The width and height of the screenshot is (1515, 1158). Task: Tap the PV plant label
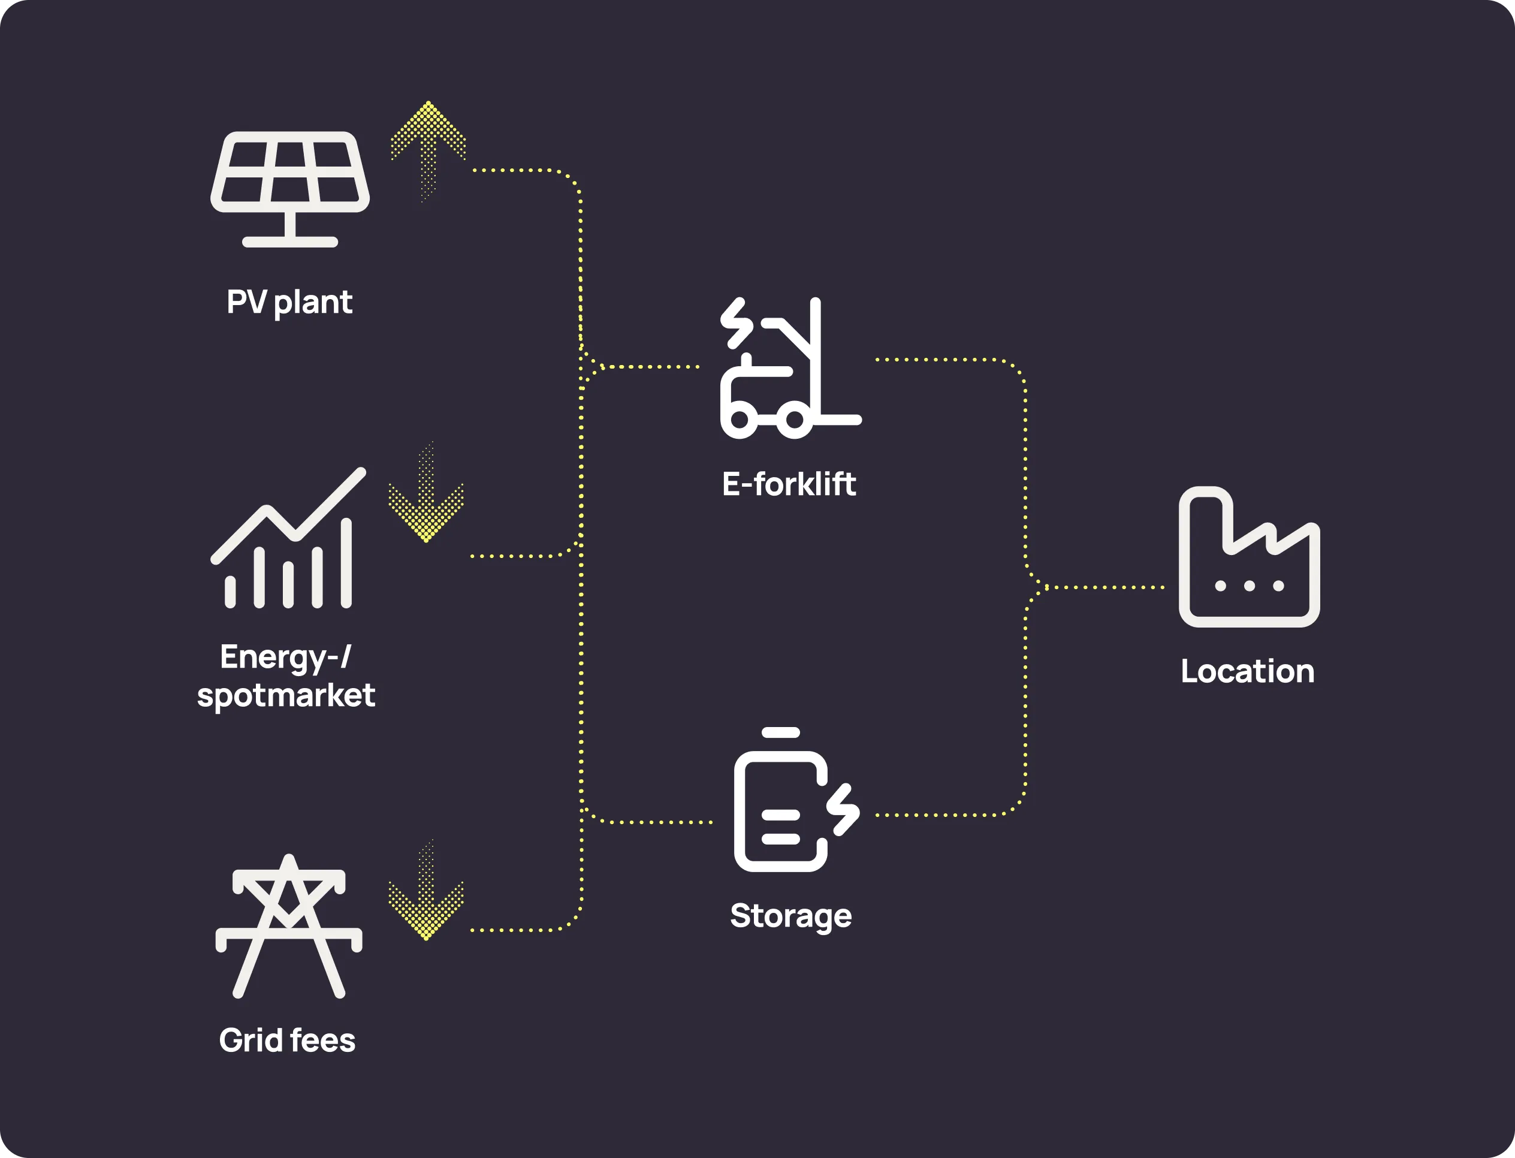(289, 303)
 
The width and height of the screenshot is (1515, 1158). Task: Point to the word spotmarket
(286, 695)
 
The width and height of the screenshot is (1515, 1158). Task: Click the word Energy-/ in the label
(285, 657)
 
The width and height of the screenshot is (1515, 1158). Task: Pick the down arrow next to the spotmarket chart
(426, 496)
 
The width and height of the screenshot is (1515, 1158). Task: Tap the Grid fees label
(286, 1040)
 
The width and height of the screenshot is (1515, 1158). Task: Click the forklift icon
(789, 369)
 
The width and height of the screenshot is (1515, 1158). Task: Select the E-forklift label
(789, 484)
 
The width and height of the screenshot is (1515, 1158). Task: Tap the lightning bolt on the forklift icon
(737, 322)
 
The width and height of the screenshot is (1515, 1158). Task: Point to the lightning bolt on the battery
(844, 809)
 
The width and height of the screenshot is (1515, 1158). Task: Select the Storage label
(790, 916)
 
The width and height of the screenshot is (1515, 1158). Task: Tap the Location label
(1248, 671)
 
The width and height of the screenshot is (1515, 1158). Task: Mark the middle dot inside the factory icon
(1249, 586)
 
